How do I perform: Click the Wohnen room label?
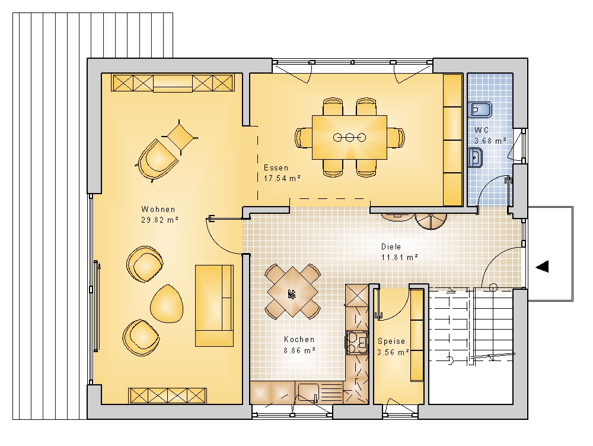tap(158, 209)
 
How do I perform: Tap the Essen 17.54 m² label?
tap(282, 173)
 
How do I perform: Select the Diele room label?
tap(391, 246)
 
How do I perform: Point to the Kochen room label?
tap(299, 339)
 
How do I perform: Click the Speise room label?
tap(391, 341)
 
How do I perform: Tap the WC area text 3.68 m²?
tap(490, 141)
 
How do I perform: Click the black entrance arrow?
tap(543, 267)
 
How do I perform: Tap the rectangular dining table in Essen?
tap(349, 137)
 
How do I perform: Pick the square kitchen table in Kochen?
tap(293, 292)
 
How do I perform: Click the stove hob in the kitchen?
tap(356, 343)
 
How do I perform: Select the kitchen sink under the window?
tap(320, 392)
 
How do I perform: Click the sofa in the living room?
tap(214, 305)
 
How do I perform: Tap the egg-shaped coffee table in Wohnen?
tap(167, 303)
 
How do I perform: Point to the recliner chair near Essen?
tap(157, 160)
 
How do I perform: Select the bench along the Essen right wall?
tap(452, 140)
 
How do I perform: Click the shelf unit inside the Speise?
tap(417, 335)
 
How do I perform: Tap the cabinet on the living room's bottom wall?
tap(168, 396)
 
